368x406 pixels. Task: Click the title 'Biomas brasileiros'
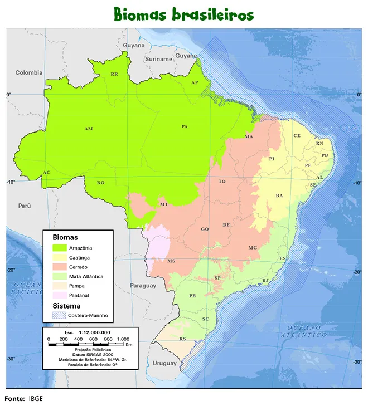(x=183, y=14)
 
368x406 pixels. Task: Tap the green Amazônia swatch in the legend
(x=60, y=248)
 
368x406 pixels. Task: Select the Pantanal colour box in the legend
(x=60, y=295)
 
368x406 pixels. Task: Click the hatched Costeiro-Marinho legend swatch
(x=60, y=315)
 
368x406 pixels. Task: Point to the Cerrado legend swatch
(x=60, y=267)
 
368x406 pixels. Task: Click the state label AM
(x=88, y=129)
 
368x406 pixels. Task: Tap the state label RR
(x=114, y=74)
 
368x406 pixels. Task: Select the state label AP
(x=195, y=82)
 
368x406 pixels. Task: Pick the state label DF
(x=226, y=225)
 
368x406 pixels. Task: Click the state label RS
(x=182, y=339)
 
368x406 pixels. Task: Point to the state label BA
(x=279, y=195)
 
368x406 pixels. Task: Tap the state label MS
(x=171, y=261)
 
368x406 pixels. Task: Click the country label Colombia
(x=29, y=72)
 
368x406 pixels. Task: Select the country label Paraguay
(x=143, y=286)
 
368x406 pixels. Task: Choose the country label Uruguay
(x=164, y=363)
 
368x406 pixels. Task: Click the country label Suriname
(x=158, y=59)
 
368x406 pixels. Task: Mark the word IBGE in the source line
(x=36, y=399)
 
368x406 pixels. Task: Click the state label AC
(x=47, y=173)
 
